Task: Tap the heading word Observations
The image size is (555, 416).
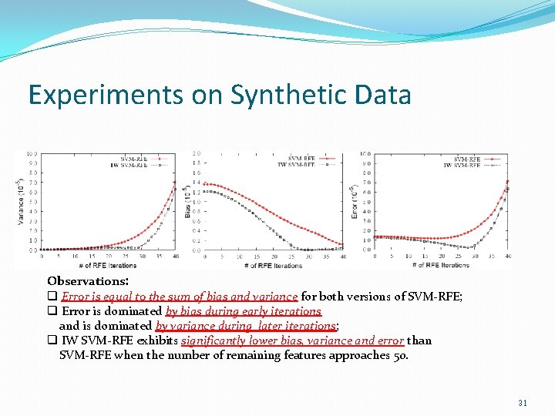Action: tap(87, 282)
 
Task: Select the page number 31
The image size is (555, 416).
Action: tap(523, 402)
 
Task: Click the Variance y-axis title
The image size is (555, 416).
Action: tap(20, 202)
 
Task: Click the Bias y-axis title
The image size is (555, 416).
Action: tap(187, 202)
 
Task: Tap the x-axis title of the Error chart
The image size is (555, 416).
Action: tap(440, 264)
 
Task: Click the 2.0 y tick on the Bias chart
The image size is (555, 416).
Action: tap(197, 153)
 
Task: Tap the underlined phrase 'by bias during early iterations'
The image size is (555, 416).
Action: tap(243, 311)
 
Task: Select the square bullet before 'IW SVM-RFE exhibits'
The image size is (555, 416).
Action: tap(52, 341)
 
